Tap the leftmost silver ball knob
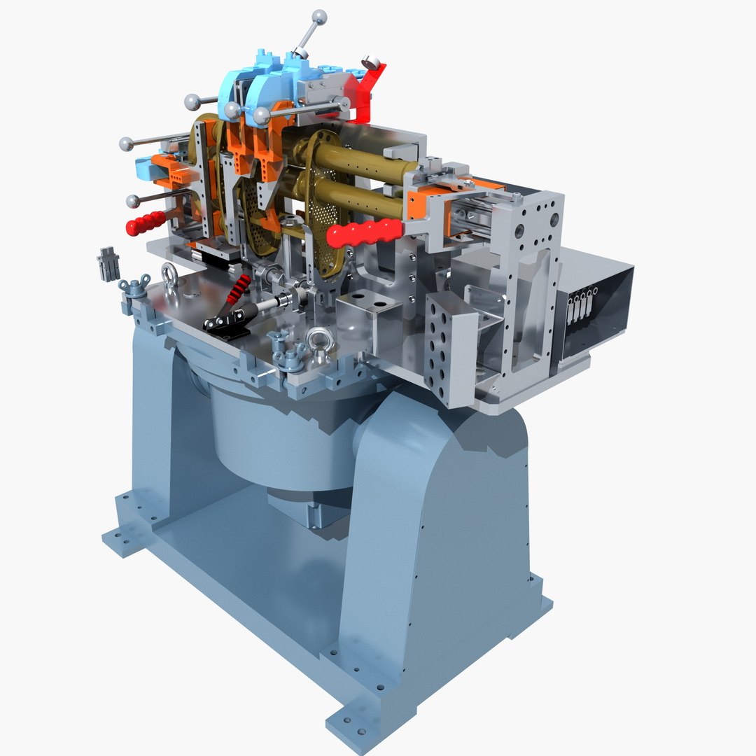[x=126, y=143]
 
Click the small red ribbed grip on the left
[x=145, y=223]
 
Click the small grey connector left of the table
[x=108, y=262]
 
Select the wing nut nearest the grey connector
[x=132, y=286]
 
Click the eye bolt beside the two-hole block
[x=318, y=340]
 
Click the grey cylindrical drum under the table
[x=280, y=437]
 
